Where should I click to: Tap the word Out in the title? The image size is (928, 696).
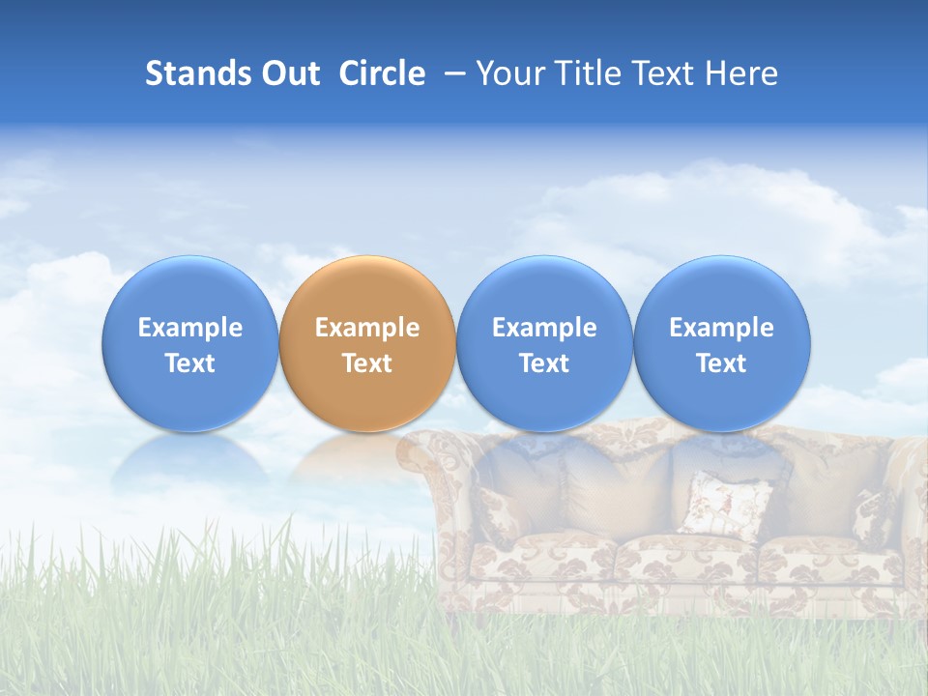coord(289,73)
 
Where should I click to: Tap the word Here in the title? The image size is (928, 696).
coord(741,73)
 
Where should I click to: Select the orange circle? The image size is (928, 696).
coord(367,343)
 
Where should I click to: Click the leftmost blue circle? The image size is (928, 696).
coord(190,343)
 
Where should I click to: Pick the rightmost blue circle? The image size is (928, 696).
coord(721,343)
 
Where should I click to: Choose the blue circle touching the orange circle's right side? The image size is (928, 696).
coord(544,343)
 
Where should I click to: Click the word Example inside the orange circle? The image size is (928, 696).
coord(367,328)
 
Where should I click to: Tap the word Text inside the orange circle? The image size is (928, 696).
coord(367,363)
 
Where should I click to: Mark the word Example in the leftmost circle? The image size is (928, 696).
coord(190,328)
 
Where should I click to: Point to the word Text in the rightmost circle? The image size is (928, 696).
coord(721,363)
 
